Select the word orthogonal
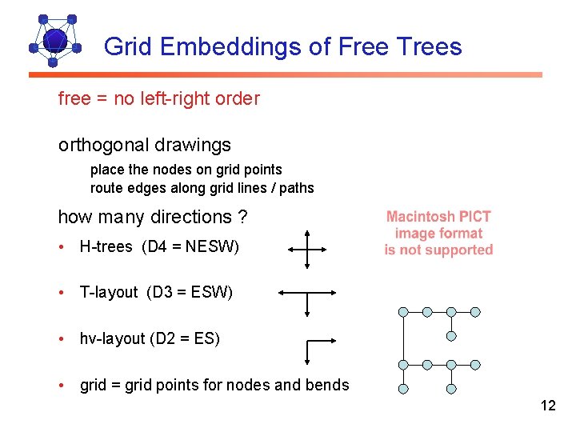click(x=101, y=145)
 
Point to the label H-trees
click(x=106, y=247)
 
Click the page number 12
click(x=548, y=406)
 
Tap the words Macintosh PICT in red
click(x=438, y=217)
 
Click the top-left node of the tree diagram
click(x=404, y=312)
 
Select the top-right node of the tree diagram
click(x=475, y=312)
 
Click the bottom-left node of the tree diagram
click(x=404, y=389)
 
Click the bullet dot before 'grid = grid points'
click(x=62, y=385)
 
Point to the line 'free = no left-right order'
click(x=159, y=99)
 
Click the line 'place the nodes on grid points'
click(x=186, y=170)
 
